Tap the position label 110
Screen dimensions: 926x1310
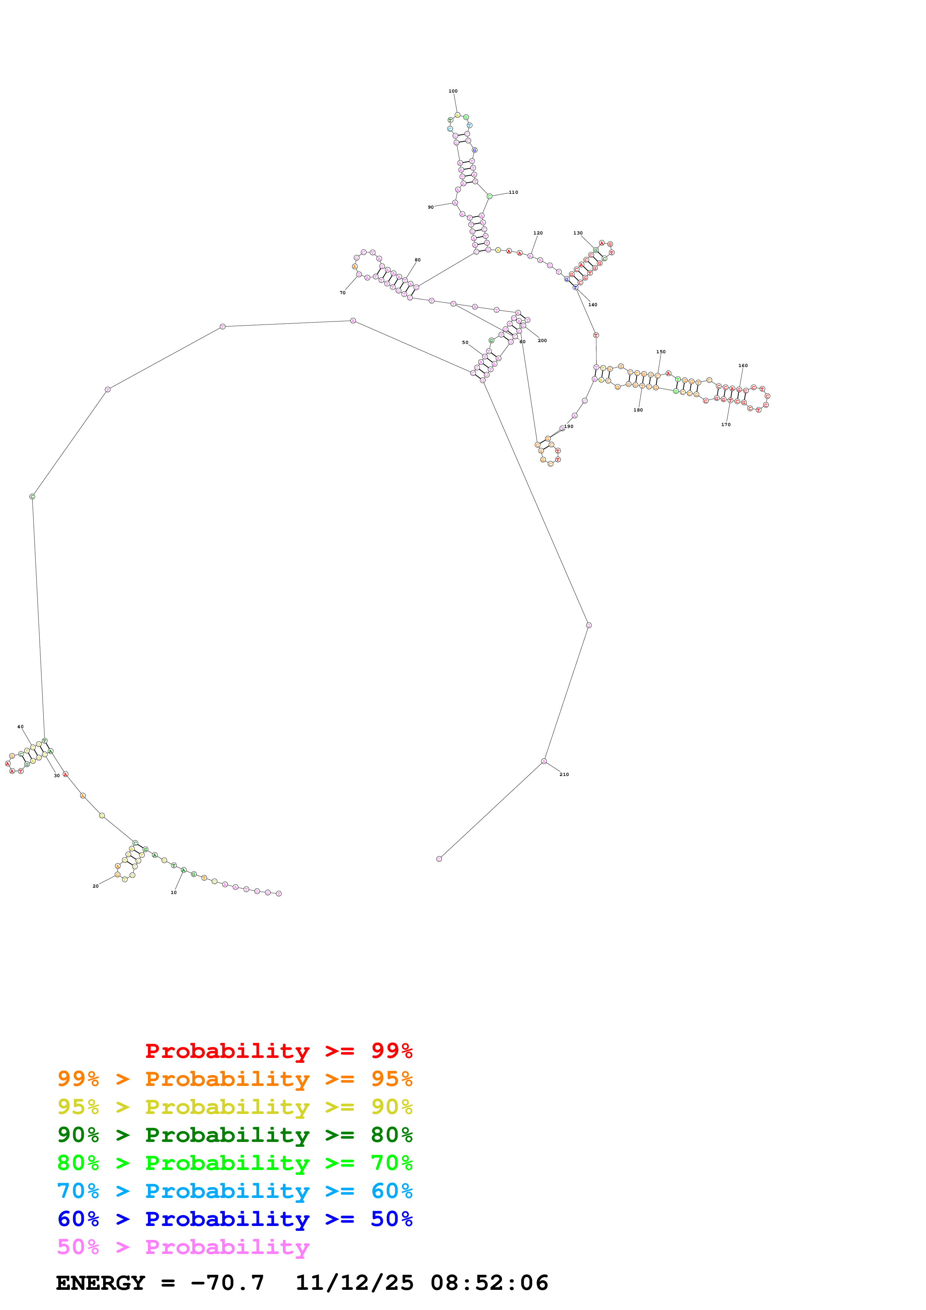[x=514, y=192]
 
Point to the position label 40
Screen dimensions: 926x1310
[x=21, y=727]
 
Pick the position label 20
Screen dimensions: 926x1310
[x=95, y=886]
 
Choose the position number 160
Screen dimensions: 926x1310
[x=743, y=366]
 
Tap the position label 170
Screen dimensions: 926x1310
[x=726, y=425]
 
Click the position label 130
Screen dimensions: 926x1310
[x=578, y=233]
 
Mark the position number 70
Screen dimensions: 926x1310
[x=342, y=293]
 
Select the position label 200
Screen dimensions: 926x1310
[x=542, y=341]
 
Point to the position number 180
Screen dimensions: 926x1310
[x=638, y=410]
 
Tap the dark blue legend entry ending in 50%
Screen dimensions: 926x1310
[x=235, y=1219]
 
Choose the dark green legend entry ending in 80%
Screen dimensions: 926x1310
[x=235, y=1135]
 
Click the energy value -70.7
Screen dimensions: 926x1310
[x=227, y=1283]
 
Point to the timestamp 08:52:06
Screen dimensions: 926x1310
[x=489, y=1283]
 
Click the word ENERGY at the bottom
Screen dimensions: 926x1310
[x=100, y=1283]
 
